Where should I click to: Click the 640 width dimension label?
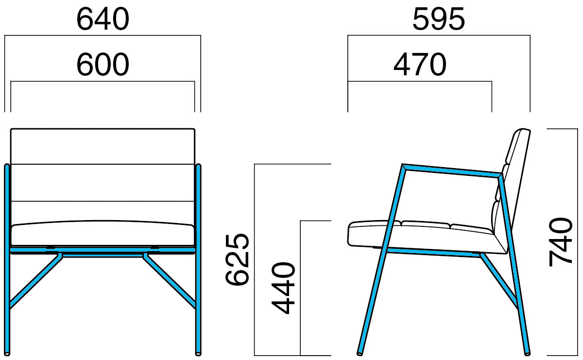pyautogui.click(x=103, y=19)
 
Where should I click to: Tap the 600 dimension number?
pyautogui.click(x=103, y=65)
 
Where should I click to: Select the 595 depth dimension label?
pyautogui.click(x=439, y=19)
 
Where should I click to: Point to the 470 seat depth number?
pyautogui.click(x=420, y=65)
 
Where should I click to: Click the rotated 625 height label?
pyautogui.click(x=237, y=259)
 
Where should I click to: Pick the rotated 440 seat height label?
pyautogui.click(x=283, y=288)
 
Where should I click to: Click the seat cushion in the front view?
pyautogui.click(x=103, y=233)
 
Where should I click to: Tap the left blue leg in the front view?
pyautogui.click(x=7, y=260)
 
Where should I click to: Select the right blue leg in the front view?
pyautogui.click(x=198, y=260)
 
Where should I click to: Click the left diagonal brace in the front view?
pyautogui.click(x=35, y=281)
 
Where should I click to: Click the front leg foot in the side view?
pyautogui.click(x=360, y=354)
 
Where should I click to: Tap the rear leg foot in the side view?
pyautogui.click(x=527, y=354)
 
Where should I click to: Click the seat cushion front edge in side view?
pyautogui.click(x=349, y=234)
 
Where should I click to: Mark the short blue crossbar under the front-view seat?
pyautogui.click(x=103, y=256)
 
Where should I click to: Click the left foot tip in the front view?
pyautogui.click(x=7, y=354)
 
